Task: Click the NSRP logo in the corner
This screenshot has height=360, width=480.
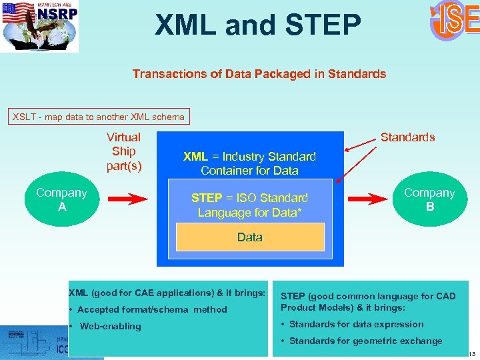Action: pyautogui.click(x=40, y=25)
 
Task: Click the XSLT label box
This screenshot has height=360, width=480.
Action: pyautogui.click(x=99, y=117)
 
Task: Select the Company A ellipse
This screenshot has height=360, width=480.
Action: pyautogui.click(x=61, y=199)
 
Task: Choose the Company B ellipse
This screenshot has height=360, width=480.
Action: pyautogui.click(x=430, y=199)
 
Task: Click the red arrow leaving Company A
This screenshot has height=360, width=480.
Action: pyautogui.click(x=127, y=199)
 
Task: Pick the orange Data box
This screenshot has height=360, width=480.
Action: pyautogui.click(x=250, y=237)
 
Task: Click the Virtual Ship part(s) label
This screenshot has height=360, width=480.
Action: pyautogui.click(x=124, y=151)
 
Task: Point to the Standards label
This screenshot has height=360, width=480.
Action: pyautogui.click(x=407, y=137)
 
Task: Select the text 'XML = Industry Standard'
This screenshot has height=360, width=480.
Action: pyautogui.click(x=249, y=157)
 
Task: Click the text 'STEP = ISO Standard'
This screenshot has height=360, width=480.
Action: pyautogui.click(x=249, y=198)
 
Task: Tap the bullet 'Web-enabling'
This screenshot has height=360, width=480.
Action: pyautogui.click(x=110, y=326)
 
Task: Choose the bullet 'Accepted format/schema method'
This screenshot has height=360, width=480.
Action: pyautogui.click(x=152, y=309)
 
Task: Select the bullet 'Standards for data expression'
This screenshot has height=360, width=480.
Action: pyautogui.click(x=356, y=324)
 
